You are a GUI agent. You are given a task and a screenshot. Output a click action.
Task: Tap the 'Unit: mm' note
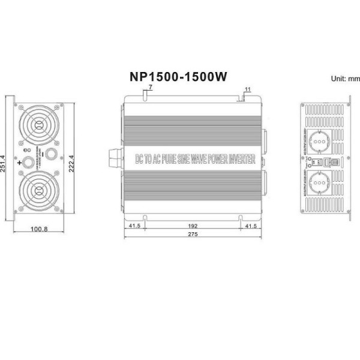coord(345,79)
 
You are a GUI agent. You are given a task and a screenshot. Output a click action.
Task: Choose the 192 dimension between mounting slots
coord(191,226)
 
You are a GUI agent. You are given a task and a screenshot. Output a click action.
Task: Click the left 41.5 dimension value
coord(136,226)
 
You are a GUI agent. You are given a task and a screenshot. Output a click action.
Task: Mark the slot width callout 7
coord(149,88)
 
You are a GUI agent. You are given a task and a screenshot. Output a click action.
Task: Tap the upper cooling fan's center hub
coord(38,125)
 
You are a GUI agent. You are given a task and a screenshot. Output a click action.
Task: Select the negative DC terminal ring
coord(50,154)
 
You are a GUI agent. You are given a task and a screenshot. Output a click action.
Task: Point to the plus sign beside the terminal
coord(20,162)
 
